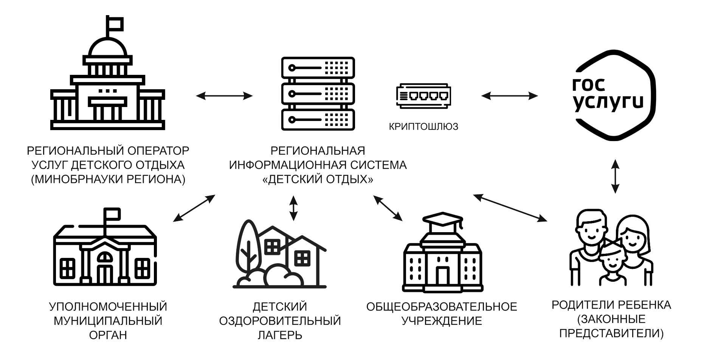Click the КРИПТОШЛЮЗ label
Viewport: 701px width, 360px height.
click(423, 127)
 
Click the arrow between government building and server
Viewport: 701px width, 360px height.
click(224, 96)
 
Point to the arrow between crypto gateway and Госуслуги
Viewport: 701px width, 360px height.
click(509, 96)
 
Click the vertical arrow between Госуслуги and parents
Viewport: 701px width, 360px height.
click(615, 176)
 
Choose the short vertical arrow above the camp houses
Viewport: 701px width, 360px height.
click(293, 208)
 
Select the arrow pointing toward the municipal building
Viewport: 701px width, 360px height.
click(194, 208)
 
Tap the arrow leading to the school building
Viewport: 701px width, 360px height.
click(388, 208)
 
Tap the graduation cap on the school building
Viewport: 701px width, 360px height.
click(442, 219)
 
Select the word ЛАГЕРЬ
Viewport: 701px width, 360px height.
click(280, 335)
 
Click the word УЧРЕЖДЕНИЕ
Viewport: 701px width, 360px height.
click(442, 321)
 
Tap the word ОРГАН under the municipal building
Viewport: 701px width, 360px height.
click(108, 335)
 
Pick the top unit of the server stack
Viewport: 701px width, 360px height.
click(318, 68)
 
